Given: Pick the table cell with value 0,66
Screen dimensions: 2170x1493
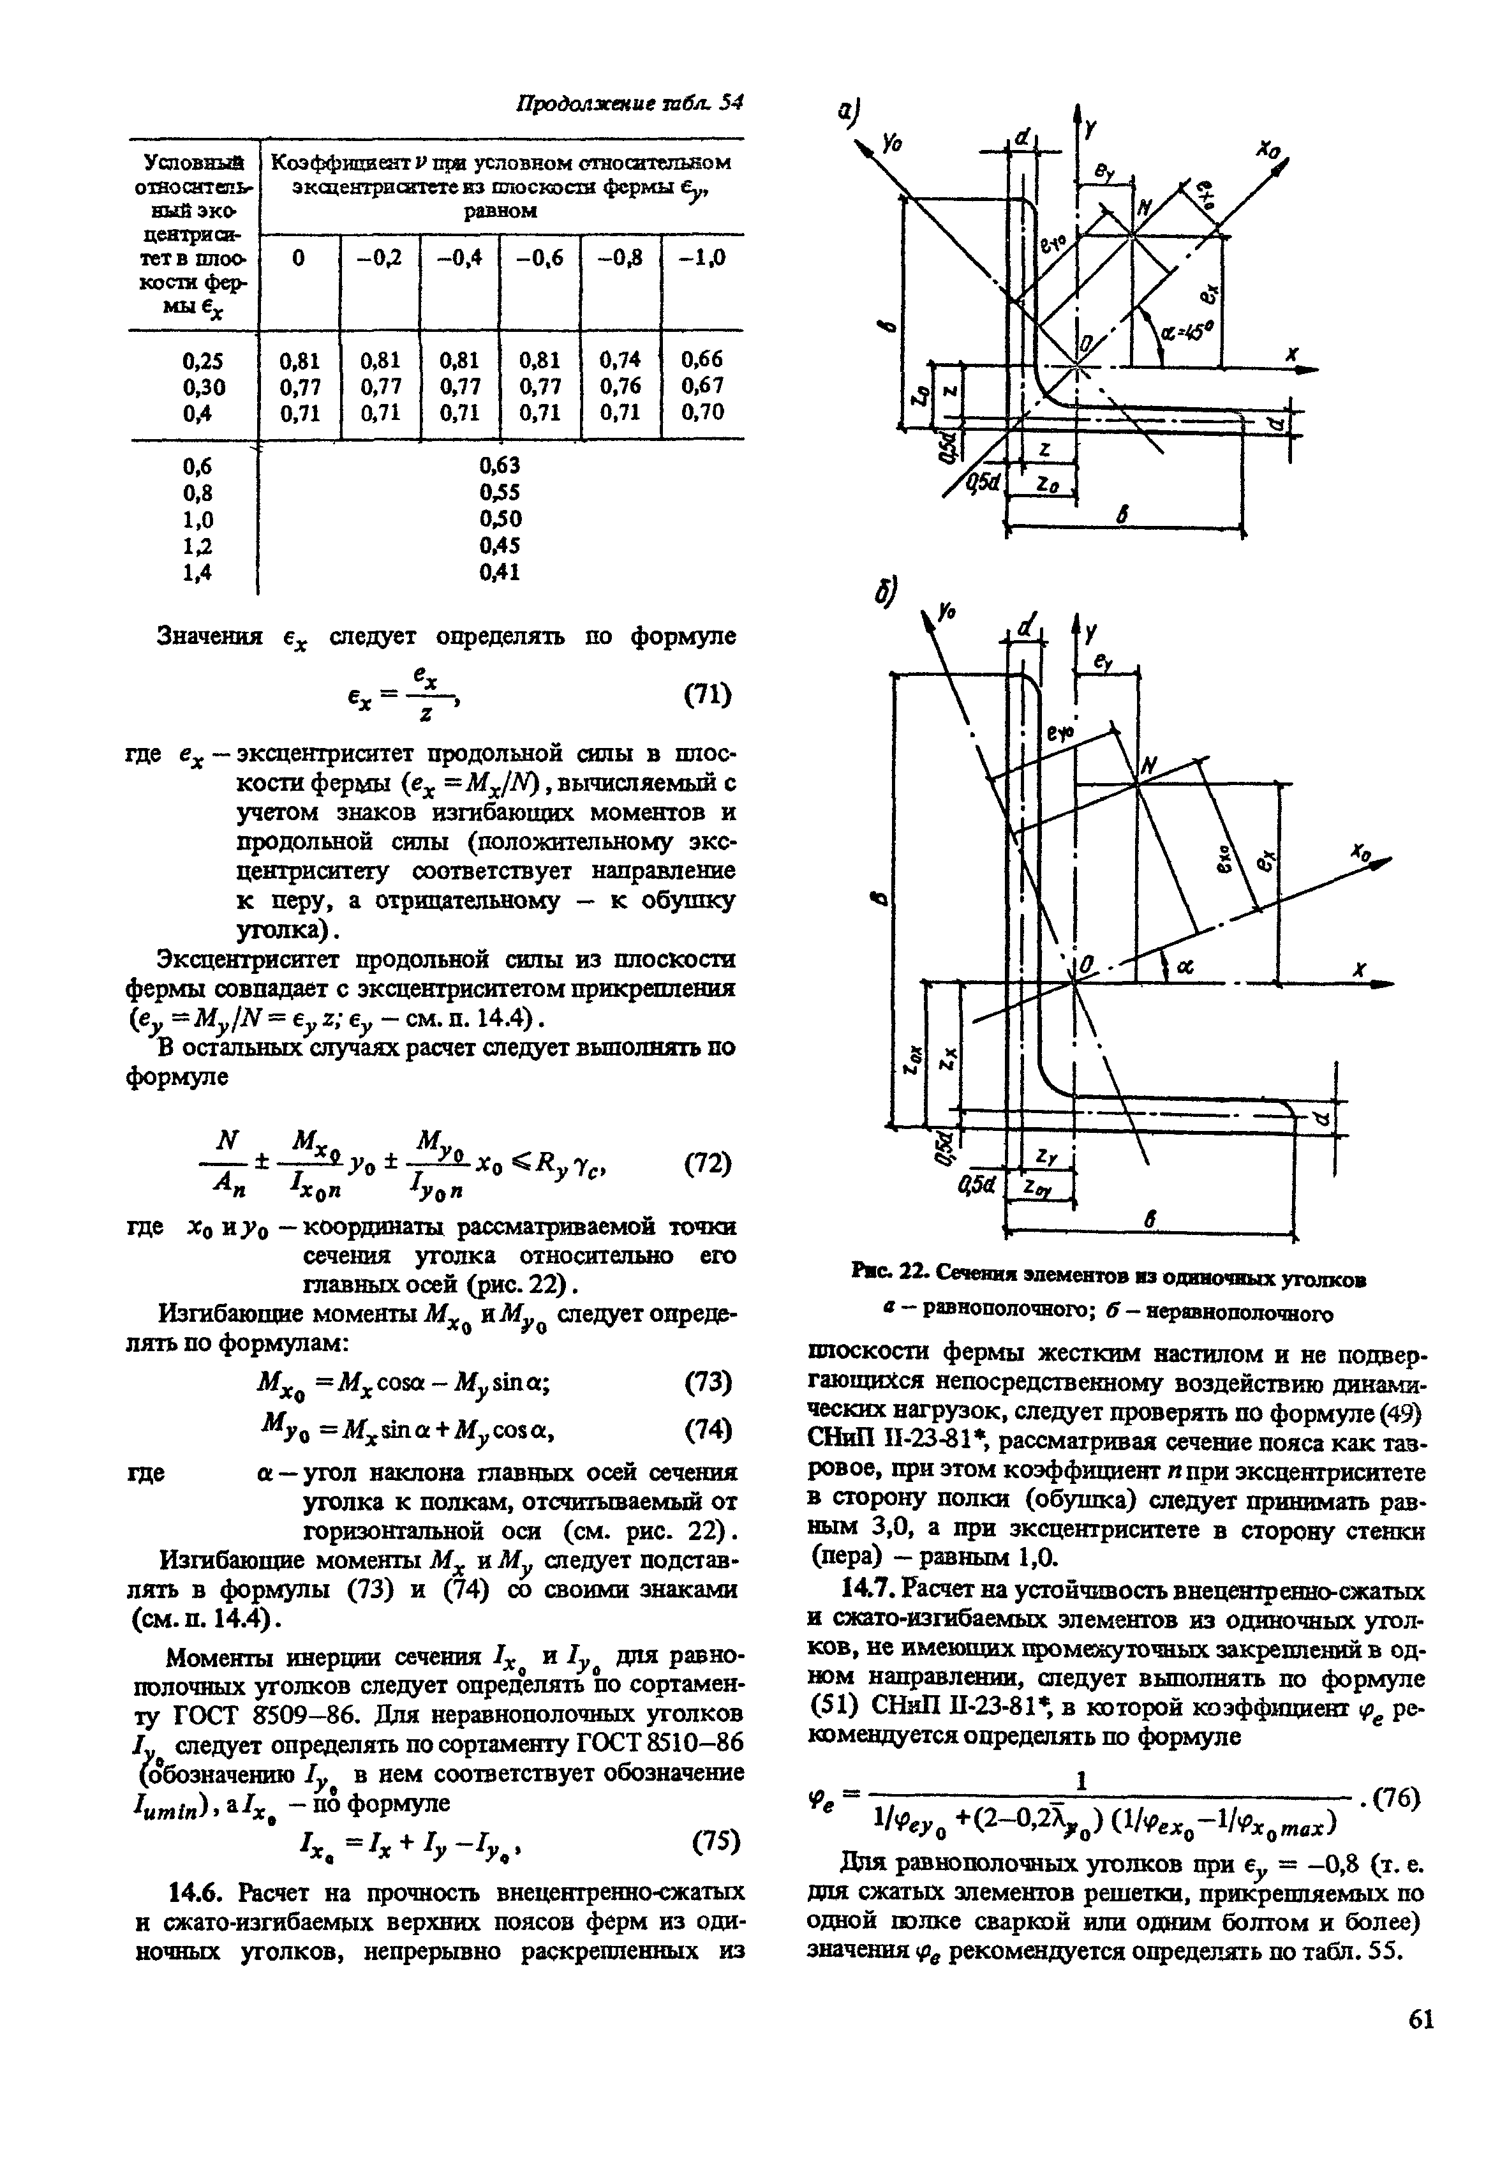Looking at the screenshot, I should [702, 359].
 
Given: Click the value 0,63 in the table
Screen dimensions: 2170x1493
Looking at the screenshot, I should [500, 465].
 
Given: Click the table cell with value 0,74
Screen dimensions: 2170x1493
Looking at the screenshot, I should [621, 359].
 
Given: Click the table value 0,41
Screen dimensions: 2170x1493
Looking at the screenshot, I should [500, 572].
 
